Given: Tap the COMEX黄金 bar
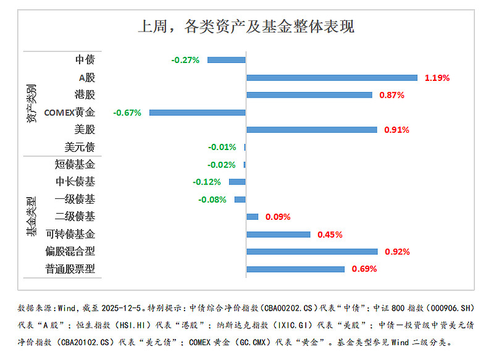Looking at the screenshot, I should (x=198, y=112).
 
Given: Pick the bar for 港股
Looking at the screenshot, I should (x=309, y=95).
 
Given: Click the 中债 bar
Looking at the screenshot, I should (x=227, y=60).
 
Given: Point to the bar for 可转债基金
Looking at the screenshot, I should (x=278, y=235).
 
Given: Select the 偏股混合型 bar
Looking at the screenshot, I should (x=312, y=251).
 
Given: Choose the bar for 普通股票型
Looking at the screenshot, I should (x=295, y=269).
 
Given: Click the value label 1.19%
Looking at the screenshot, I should (x=437, y=78).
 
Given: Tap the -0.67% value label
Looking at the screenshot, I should (x=127, y=112).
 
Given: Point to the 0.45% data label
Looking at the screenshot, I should (x=330, y=235).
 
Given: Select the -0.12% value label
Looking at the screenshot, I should (x=206, y=182).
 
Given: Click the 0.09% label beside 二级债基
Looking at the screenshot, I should (x=278, y=217).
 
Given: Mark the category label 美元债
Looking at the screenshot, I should (x=80, y=147).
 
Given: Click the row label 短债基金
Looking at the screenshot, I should (x=75, y=164).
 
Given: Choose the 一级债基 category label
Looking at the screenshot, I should (x=75, y=199).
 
